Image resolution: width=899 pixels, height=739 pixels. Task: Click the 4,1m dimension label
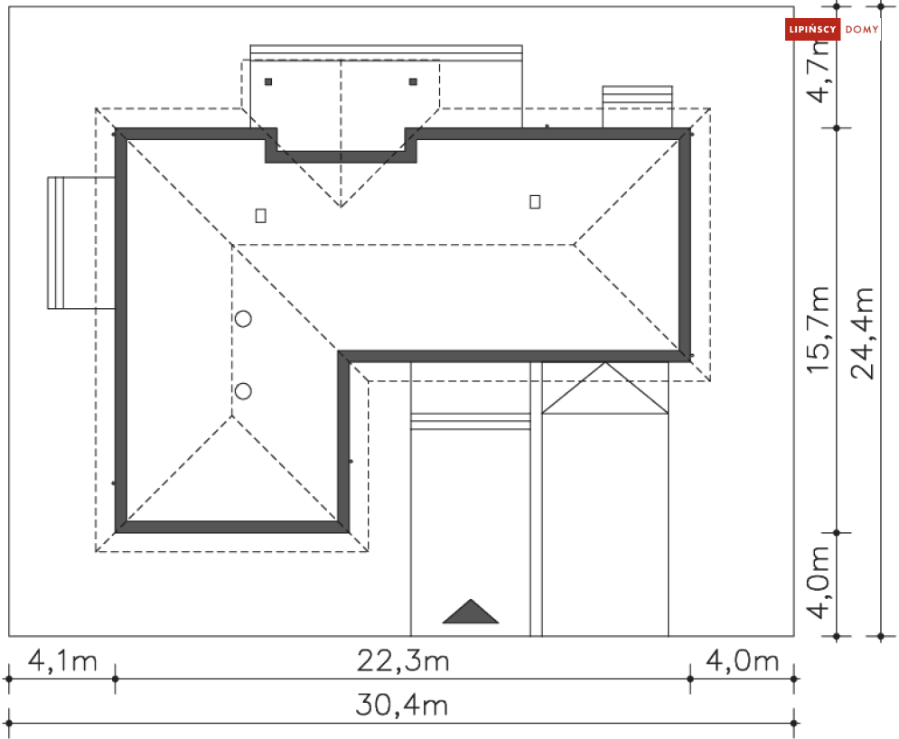point(62,661)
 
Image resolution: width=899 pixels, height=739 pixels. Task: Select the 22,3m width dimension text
point(402,661)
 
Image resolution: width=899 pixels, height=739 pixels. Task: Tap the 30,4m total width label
point(401,706)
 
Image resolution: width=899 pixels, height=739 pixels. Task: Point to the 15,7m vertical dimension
point(819,331)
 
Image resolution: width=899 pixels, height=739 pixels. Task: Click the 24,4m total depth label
point(863,333)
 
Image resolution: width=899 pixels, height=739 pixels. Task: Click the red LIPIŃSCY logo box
point(812,29)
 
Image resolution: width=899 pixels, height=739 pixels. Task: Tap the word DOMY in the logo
point(862,29)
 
